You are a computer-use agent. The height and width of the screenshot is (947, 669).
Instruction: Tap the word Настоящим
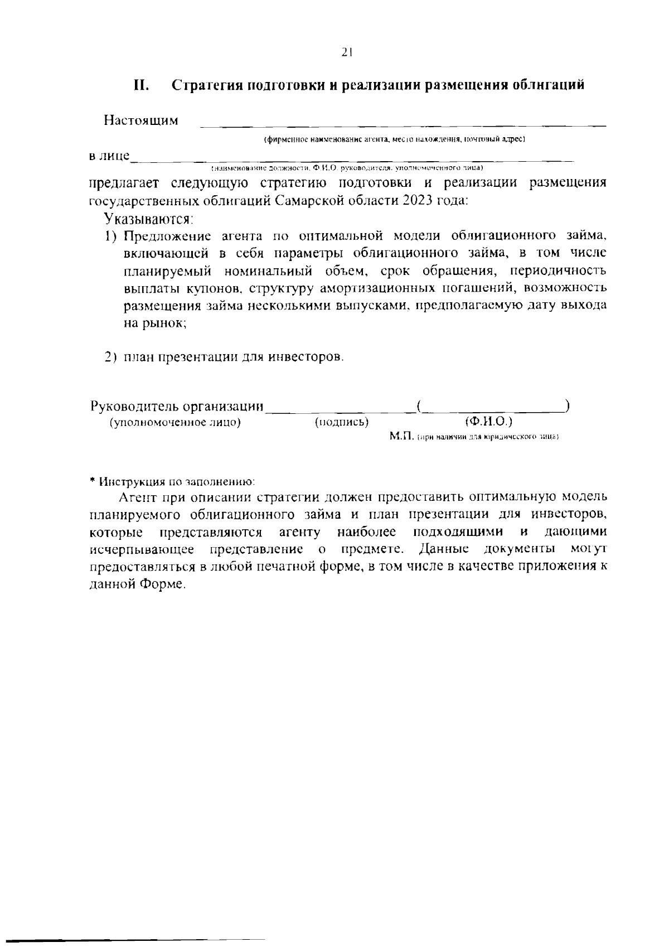click(x=141, y=120)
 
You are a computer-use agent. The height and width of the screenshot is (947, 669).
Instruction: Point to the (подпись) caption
click(x=342, y=422)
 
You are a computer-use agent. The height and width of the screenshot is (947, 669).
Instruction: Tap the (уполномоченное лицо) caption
click(x=176, y=422)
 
